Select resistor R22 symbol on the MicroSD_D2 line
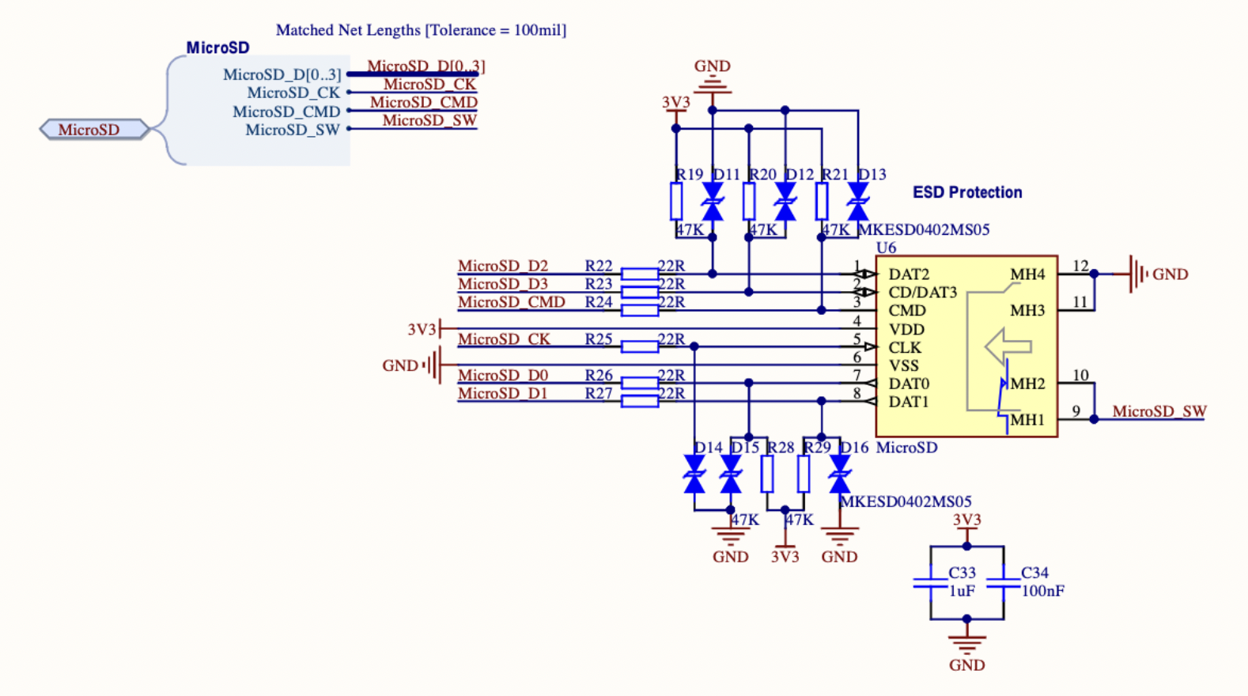pyautogui.click(x=639, y=274)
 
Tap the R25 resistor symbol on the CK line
pyautogui.click(x=639, y=346)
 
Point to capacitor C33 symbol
pyautogui.click(x=930, y=584)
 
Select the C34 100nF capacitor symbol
pyautogui.click(x=1003, y=584)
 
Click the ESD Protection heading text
pyautogui.click(x=966, y=192)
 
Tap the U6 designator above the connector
pyautogui.click(x=886, y=248)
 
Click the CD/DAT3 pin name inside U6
pyautogui.click(x=922, y=293)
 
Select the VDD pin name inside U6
pyautogui.click(x=906, y=329)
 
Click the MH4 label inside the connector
pyautogui.click(x=1027, y=274)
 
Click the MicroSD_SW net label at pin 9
pyautogui.click(x=1159, y=411)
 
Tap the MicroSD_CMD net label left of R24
pyautogui.click(x=511, y=302)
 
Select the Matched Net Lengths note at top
pyautogui.click(x=421, y=30)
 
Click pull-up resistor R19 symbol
pyautogui.click(x=676, y=201)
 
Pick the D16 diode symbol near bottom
pyautogui.click(x=840, y=475)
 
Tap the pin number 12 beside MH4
pyautogui.click(x=1080, y=266)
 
